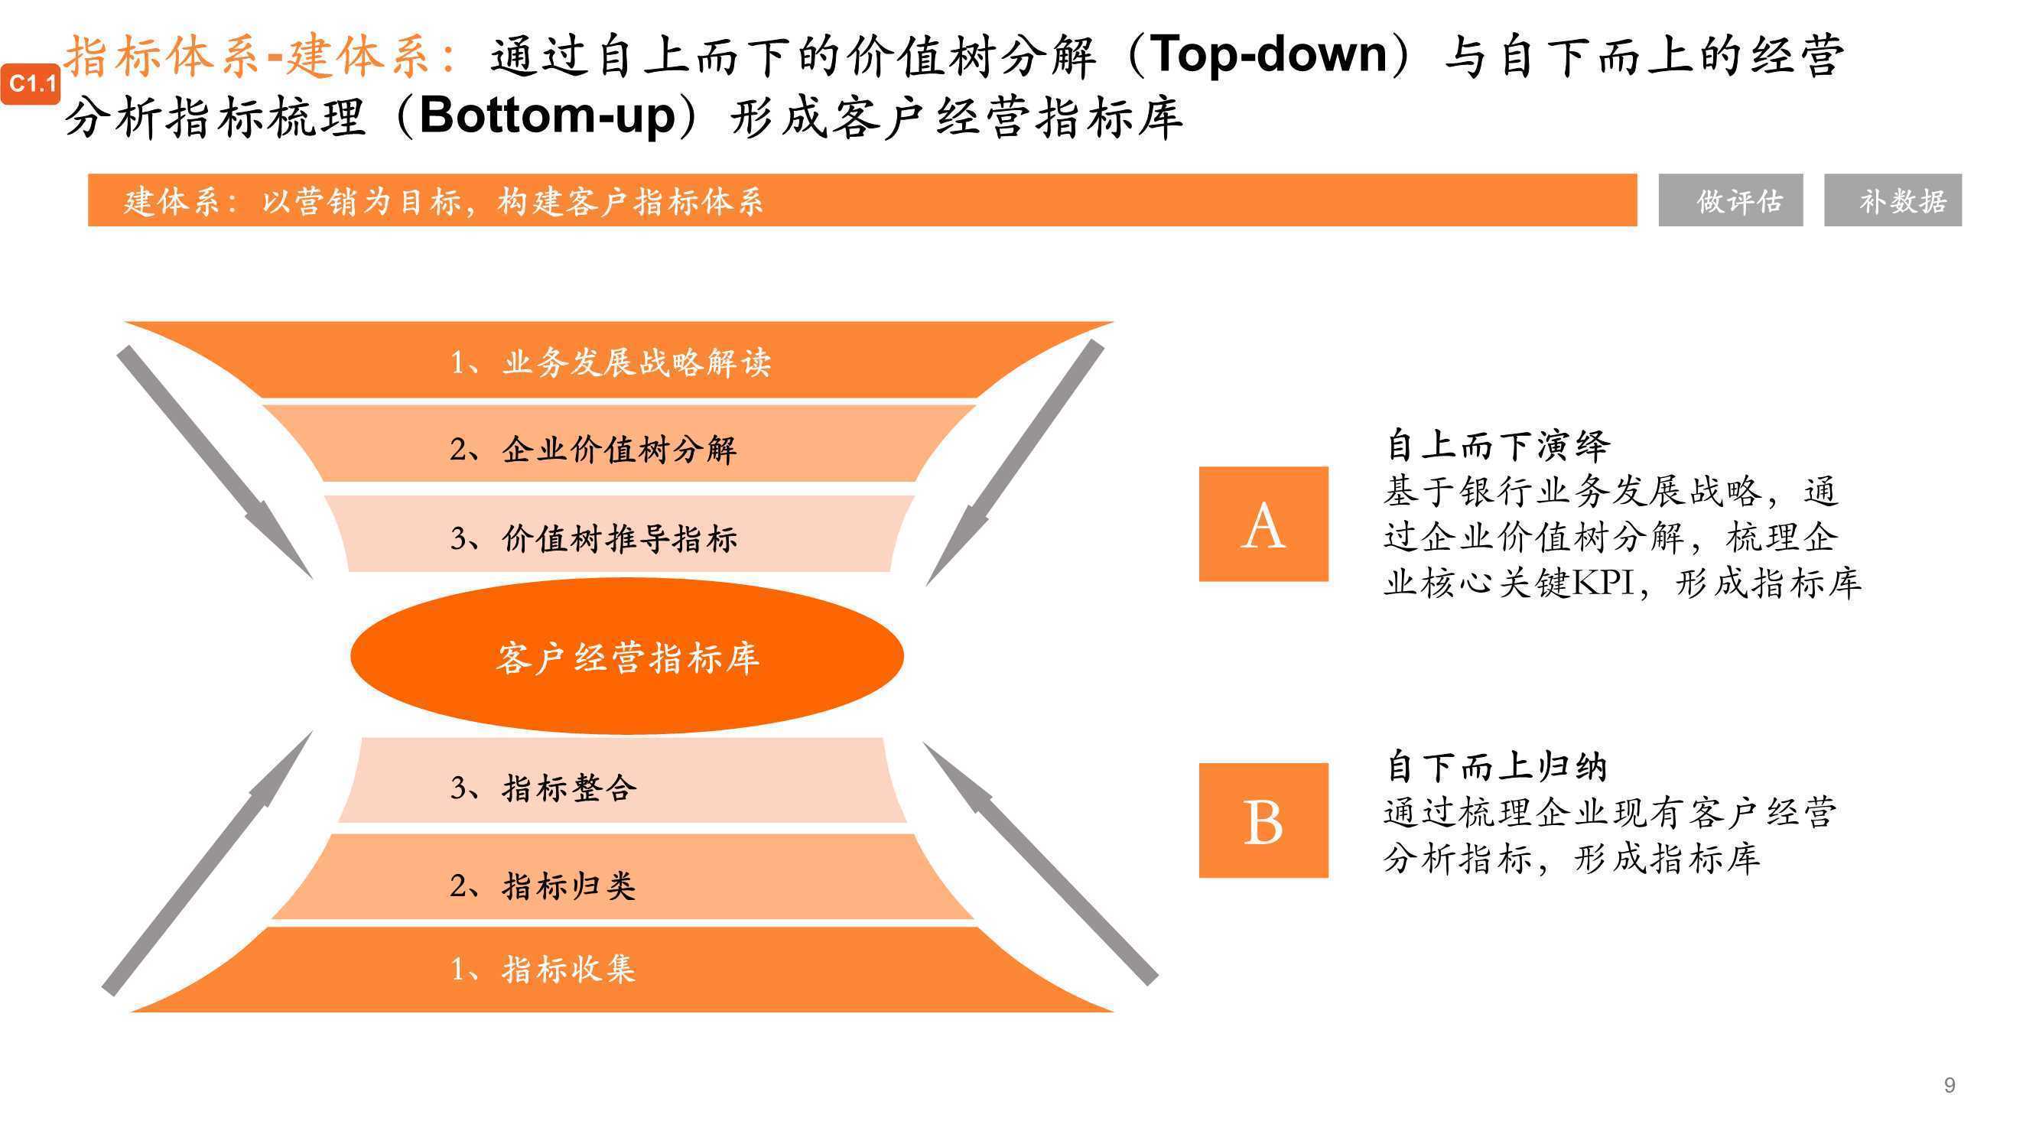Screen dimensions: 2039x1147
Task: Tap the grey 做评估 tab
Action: point(1730,200)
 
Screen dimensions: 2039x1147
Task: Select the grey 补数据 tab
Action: point(1893,200)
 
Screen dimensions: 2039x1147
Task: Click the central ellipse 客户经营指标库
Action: point(627,656)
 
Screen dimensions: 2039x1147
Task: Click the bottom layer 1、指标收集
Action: point(622,970)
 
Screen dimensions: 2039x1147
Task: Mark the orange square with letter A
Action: point(1263,524)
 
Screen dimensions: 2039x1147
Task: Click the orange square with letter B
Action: point(1263,820)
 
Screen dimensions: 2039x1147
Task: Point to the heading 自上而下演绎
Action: point(1498,445)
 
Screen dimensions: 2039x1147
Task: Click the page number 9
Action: point(1950,1084)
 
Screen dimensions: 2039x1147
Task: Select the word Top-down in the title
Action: point(1268,54)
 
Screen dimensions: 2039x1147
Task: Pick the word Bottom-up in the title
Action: point(547,116)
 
